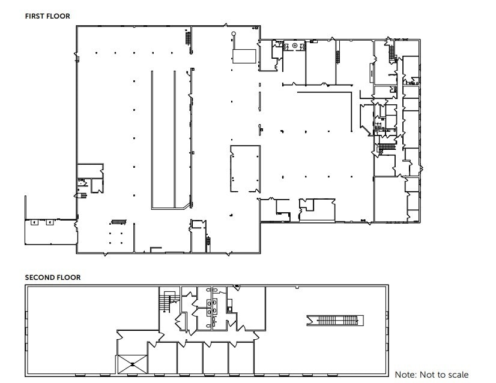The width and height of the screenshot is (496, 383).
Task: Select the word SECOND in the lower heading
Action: [x=39, y=278]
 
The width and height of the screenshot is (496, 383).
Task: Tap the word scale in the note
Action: [x=456, y=375]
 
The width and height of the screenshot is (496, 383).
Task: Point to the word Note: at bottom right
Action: [x=406, y=375]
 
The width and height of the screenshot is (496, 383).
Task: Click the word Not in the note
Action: [x=426, y=375]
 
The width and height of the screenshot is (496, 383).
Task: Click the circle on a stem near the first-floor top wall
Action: [x=234, y=34]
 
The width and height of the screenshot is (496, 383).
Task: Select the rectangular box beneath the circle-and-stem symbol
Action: [x=244, y=56]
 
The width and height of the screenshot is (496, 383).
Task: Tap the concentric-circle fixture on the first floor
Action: [x=295, y=46]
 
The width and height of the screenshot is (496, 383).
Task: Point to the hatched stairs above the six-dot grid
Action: [x=119, y=221]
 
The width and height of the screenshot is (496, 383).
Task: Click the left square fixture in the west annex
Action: [x=34, y=222]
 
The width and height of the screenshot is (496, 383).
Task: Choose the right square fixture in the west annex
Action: [x=50, y=222]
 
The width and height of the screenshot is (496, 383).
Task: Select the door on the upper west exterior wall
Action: [x=76, y=57]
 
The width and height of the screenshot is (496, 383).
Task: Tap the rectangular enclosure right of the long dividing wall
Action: [x=245, y=168]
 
